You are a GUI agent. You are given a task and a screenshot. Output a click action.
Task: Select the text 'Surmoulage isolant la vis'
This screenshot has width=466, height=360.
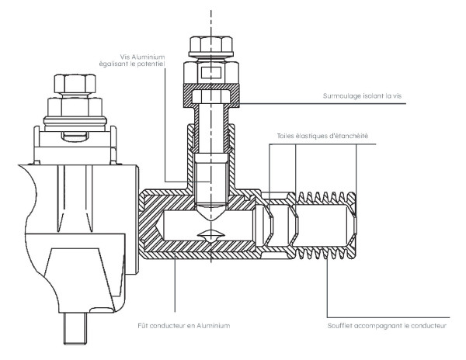click(x=366, y=97)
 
